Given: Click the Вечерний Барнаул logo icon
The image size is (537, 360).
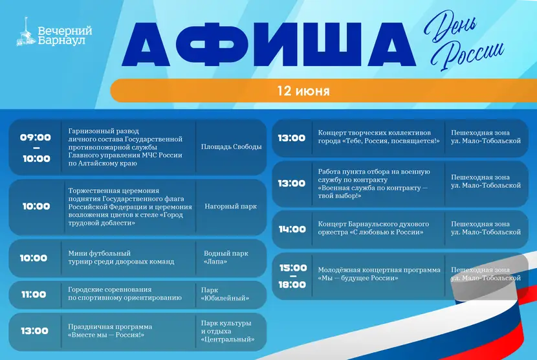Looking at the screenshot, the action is click(26, 32).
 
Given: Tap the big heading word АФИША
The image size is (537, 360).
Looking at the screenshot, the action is click(269, 45).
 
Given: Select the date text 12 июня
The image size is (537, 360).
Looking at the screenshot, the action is click(303, 91).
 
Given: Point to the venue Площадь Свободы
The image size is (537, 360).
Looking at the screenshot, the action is click(231, 147).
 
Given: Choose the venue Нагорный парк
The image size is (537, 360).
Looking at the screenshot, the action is click(230, 207).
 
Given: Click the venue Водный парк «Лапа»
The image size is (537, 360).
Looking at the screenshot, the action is click(226, 258).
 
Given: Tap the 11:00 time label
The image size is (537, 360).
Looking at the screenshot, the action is click(34, 294).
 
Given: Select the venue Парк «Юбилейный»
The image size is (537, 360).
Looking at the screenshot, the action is click(225, 294).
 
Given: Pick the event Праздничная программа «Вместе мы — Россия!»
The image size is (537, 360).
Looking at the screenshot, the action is click(110, 330).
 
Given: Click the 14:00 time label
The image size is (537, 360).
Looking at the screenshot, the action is click(292, 229).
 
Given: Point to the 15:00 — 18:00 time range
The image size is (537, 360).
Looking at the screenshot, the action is click(293, 276).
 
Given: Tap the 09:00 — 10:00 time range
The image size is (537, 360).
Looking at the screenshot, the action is click(36, 148).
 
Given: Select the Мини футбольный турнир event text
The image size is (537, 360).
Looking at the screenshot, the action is click(121, 258).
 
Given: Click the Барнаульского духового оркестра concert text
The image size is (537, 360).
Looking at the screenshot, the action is click(373, 228).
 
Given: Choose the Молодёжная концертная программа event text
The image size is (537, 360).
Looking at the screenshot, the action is click(379, 274).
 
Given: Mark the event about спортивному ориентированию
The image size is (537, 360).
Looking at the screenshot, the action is click(125, 293).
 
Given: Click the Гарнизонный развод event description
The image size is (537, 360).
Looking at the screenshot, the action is click(126, 147).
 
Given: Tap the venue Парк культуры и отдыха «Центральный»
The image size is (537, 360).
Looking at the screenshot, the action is click(228, 332).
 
